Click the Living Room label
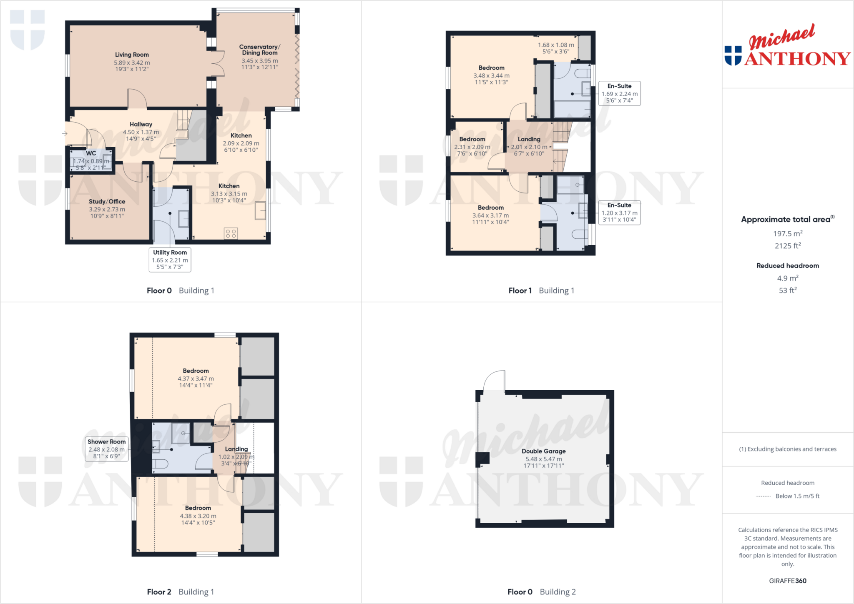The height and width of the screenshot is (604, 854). coord(132,55)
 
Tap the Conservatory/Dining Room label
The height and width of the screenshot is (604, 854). coord(259,50)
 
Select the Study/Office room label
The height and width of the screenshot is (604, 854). coord(107,201)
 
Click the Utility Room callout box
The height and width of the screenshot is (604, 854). coord(170,259)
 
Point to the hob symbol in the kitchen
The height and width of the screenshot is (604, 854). coord(231,233)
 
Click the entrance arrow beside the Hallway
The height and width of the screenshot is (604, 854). coord(65,133)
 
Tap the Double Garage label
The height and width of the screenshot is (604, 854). coord(543,451)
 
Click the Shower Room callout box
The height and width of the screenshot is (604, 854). coord(106,449)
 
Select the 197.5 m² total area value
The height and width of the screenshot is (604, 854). coord(787,233)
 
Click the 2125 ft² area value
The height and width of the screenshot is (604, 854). coord(787,246)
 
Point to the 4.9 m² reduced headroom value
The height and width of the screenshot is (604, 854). coord(787,278)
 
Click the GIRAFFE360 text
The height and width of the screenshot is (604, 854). coord(787,581)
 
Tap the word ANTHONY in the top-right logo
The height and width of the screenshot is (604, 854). coord(797,59)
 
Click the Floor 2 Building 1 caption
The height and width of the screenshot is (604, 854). coord(180,591)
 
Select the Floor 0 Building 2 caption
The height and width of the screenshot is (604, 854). coord(541,591)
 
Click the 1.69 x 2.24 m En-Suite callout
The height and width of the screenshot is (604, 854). coord(619,93)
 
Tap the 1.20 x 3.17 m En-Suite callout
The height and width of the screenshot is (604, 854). coord(619,213)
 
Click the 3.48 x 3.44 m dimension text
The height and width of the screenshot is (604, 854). coord(491,75)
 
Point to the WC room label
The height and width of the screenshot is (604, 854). coord(91,153)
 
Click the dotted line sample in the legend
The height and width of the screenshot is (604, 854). coord(763,496)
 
